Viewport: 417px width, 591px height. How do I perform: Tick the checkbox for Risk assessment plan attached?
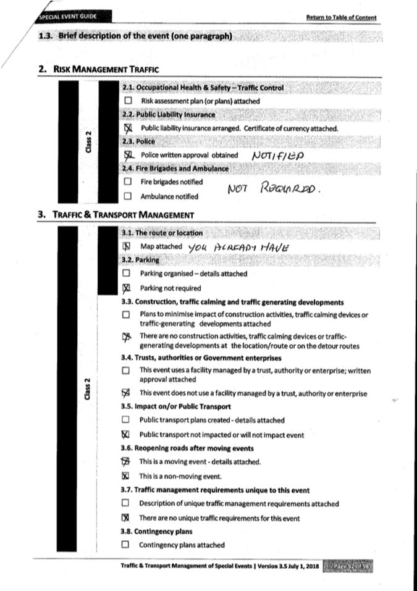coord(128,101)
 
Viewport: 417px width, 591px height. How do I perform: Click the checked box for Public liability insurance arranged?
coord(128,128)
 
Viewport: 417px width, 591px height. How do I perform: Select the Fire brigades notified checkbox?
coord(128,182)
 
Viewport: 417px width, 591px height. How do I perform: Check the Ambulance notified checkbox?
coord(128,197)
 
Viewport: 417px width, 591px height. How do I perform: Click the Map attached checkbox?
coord(127,246)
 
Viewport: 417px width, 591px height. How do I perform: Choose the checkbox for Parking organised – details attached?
coord(127,273)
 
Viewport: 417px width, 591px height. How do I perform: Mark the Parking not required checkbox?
coord(127,288)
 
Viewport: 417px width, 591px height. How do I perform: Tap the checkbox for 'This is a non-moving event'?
coord(126,476)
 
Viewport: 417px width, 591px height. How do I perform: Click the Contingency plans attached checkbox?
coord(126,545)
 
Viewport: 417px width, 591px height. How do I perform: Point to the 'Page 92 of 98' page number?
coord(353,566)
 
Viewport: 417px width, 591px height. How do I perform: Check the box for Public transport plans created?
coord(126,421)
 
